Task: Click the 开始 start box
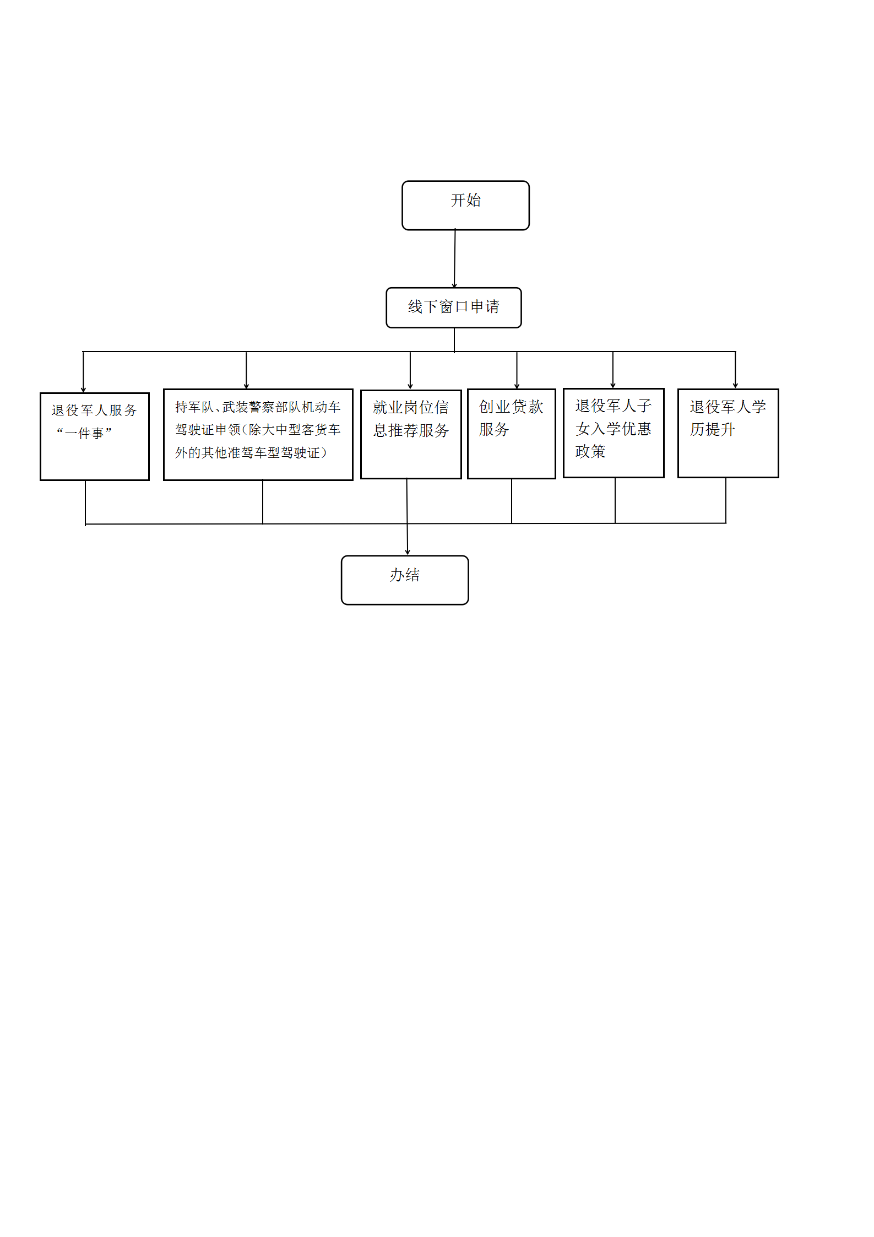(465, 205)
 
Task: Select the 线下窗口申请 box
(454, 307)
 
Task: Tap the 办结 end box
(405, 580)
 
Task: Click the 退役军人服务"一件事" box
(95, 436)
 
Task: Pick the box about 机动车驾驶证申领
(258, 435)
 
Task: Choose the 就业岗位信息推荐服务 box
(411, 434)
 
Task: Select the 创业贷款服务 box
(512, 434)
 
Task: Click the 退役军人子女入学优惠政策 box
(614, 433)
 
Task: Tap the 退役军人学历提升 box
(728, 433)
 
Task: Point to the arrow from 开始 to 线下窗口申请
(455, 258)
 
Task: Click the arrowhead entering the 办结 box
(408, 552)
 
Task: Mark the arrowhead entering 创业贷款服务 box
(517, 386)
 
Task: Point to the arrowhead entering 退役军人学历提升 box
(735, 386)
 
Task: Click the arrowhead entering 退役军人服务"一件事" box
(83, 390)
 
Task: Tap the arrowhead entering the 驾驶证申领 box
(246, 386)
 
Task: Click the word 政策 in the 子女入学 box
(590, 451)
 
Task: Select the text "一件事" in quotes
(84, 433)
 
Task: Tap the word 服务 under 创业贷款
(494, 429)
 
